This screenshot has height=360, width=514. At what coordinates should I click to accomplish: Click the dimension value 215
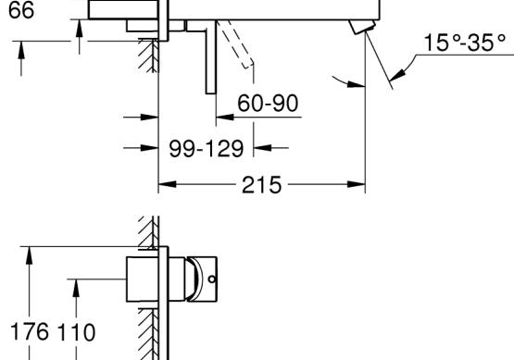click(261, 185)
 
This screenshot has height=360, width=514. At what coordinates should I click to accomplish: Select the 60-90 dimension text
click(268, 103)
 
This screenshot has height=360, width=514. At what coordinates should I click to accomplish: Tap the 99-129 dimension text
click(207, 148)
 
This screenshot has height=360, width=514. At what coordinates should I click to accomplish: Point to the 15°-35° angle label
click(465, 43)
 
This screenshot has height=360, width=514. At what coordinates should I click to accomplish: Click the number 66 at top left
click(21, 10)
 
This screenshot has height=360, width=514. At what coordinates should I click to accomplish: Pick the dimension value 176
click(30, 331)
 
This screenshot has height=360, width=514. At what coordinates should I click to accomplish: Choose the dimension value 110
click(76, 332)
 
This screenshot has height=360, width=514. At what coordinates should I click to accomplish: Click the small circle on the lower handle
click(212, 279)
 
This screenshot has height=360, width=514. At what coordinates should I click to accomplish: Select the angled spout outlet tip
click(362, 27)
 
